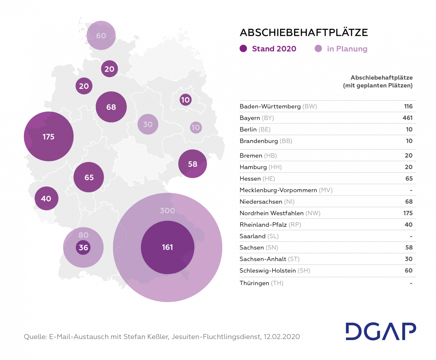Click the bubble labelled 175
pos(48,136)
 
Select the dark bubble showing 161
pos(167,247)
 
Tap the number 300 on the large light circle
pos(167,211)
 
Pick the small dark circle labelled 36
pos(83,248)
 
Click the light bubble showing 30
pos(148,124)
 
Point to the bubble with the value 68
pos(111,107)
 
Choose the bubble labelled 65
pos(89,177)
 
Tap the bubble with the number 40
pos(46,199)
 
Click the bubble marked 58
pos(192,164)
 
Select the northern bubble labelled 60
pos(101,35)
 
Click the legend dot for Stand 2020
pos(243,49)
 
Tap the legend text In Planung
pos(347,49)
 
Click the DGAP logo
pos(381,331)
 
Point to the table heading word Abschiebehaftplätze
pos(382,78)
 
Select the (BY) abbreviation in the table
pos(268,118)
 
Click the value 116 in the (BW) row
pos(408,106)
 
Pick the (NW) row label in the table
pos(313,213)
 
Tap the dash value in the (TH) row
pos(411,283)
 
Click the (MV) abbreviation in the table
pos(325,190)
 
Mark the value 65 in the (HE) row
pos(409,179)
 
